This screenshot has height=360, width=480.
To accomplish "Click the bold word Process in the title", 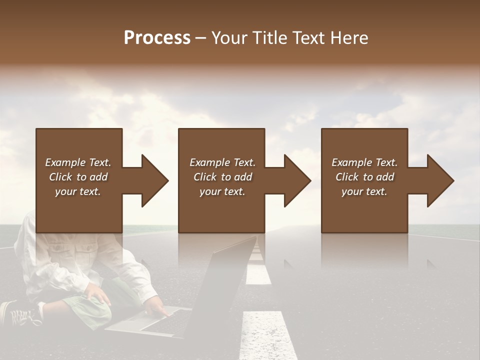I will pos(157,38).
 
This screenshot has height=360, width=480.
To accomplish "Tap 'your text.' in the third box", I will pos(364,191).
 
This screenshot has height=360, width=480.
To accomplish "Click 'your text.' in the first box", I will pos(77,191).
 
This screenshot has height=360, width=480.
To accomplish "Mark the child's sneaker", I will pos(20,314).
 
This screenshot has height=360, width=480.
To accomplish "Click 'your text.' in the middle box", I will pos(222,191).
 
